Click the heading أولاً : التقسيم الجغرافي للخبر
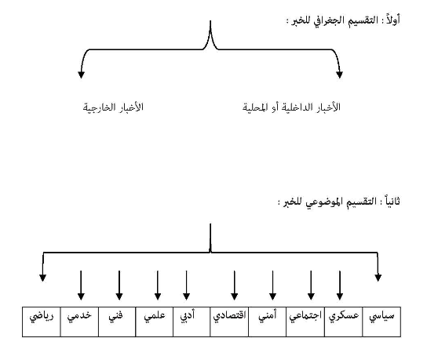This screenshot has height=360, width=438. coord(343,20)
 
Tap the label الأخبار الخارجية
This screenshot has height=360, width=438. coord(113,107)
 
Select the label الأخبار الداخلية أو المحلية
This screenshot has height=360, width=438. coord(291,107)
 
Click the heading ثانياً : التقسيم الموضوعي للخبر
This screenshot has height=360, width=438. coord(339,202)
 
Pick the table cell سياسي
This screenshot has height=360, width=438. coord(381,322)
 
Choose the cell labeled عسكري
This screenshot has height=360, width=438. coord(344,322)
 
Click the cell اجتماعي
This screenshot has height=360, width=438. coord(305,322)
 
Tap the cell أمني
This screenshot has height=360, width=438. coord(268,322)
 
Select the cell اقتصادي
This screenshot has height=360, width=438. coord(229,322)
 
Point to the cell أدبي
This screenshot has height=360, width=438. coord(192,322)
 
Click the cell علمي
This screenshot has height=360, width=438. coord(155,322)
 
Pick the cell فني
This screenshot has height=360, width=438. coord(117,322)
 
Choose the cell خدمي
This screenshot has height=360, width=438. coord(79,322)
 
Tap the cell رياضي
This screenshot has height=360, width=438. coord(42,322)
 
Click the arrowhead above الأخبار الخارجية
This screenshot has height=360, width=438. coord(81,75)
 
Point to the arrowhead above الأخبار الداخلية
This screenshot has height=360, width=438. coord(339,75)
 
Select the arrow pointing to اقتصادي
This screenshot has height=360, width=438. coord(235,285)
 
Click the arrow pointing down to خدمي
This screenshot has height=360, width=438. coord(81,285)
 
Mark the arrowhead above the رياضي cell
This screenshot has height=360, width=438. coord(42,278)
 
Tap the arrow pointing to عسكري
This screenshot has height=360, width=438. coord(340,285)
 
